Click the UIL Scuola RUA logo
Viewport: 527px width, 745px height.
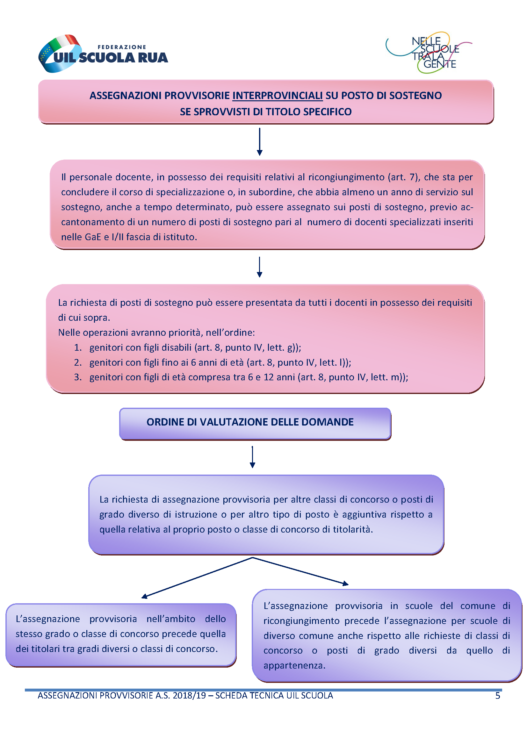tap(103, 54)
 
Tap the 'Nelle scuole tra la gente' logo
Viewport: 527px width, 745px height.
tap(429, 52)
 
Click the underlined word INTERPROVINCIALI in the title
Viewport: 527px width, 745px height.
tap(278, 96)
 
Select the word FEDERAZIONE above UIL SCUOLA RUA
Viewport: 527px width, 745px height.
tap(122, 47)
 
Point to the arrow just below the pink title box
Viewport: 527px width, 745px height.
tap(259, 142)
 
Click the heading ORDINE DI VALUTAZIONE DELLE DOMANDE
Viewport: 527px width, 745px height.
tap(250, 422)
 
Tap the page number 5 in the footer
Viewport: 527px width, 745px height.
tap(497, 696)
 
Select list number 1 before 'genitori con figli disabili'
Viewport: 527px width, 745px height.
tap(77, 347)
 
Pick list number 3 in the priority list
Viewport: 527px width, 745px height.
tap(77, 377)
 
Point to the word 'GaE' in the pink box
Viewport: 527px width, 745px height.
tap(93, 237)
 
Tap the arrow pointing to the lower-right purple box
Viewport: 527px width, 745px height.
tap(300, 571)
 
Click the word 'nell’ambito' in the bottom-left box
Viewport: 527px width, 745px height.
tap(171, 619)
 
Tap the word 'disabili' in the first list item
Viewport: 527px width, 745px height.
tap(177, 347)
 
